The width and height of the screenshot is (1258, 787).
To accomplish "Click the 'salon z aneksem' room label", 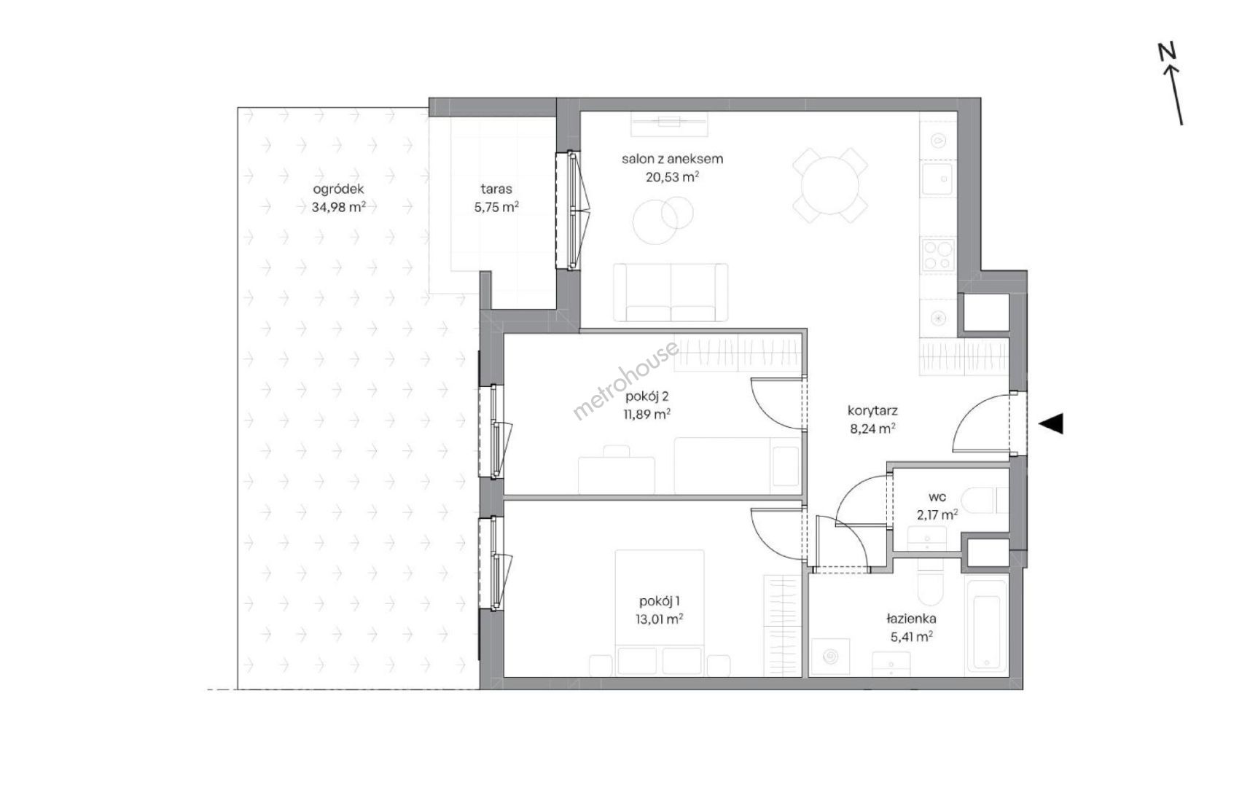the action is (x=672, y=158).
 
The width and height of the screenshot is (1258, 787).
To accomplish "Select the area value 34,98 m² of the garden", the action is (x=334, y=206).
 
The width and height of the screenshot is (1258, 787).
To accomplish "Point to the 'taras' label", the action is (x=496, y=189).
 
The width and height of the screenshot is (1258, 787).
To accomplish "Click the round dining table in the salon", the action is (x=830, y=185).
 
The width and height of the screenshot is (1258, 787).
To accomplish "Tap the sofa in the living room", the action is (x=671, y=292).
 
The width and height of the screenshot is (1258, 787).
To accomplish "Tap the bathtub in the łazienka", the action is (x=986, y=624).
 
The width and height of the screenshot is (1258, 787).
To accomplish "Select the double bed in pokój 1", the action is (x=660, y=612).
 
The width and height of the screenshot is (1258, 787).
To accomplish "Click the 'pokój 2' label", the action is (x=647, y=396).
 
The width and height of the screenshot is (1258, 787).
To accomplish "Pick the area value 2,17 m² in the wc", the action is (x=937, y=514).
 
